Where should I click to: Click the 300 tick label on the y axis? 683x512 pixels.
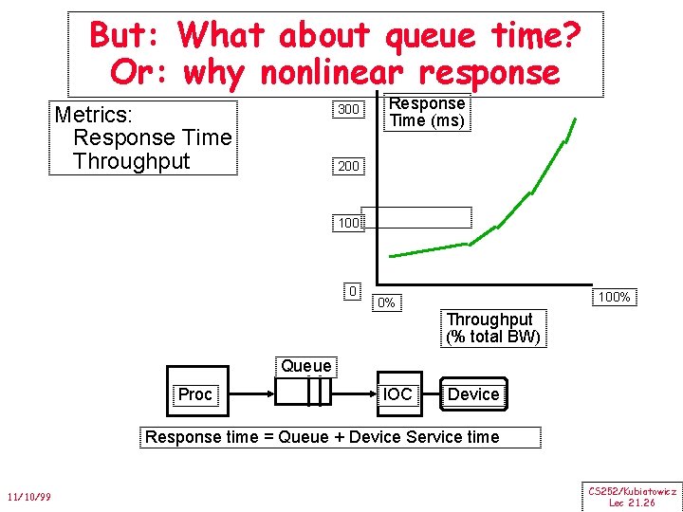[x=348, y=110]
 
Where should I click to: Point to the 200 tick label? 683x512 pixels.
[x=348, y=167]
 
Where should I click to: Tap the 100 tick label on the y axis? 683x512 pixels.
[x=347, y=224]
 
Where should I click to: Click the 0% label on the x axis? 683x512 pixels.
[x=385, y=303]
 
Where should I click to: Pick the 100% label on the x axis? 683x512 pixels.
[x=614, y=297]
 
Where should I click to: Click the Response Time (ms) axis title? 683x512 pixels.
[x=427, y=112]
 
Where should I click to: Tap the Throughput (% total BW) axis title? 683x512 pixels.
[x=492, y=328]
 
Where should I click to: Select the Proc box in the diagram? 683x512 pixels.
[x=195, y=394]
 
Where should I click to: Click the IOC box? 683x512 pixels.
[x=397, y=393]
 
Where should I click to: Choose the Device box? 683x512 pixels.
[x=472, y=394]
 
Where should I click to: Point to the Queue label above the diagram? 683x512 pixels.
[x=306, y=366]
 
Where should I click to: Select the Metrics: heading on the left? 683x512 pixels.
[x=93, y=115]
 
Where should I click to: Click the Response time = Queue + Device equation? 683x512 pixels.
[x=322, y=437]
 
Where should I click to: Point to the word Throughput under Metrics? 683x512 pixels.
[x=131, y=161]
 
